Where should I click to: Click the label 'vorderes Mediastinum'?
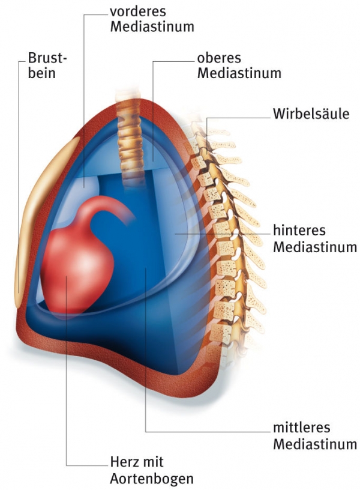pyautogui.click(x=152, y=19)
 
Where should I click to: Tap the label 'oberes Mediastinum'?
pyautogui.click(x=239, y=66)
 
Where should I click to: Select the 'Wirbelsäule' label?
pyautogui.click(x=310, y=113)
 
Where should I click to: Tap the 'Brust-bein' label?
pyautogui.click(x=48, y=67)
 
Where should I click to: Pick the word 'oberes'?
pyautogui.click(x=218, y=59)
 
